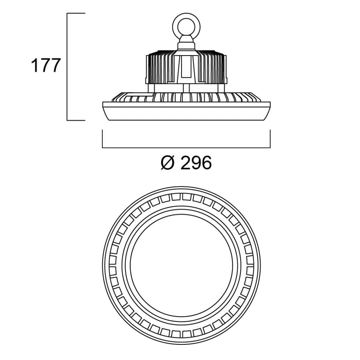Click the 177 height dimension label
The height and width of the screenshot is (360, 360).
[46, 66]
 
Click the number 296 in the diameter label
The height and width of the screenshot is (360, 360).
[196, 163]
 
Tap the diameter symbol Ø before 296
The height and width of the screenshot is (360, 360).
[168, 163]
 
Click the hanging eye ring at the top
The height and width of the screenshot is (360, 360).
[186, 26]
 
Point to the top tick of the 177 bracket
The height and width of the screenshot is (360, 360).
[76, 13]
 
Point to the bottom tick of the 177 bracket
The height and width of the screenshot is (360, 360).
[76, 120]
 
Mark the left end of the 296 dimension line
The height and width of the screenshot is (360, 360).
[102, 147]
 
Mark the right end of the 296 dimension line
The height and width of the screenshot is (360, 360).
[270, 147]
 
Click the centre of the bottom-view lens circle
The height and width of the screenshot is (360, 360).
[181, 265]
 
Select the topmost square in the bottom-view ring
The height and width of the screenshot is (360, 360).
[187, 197]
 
